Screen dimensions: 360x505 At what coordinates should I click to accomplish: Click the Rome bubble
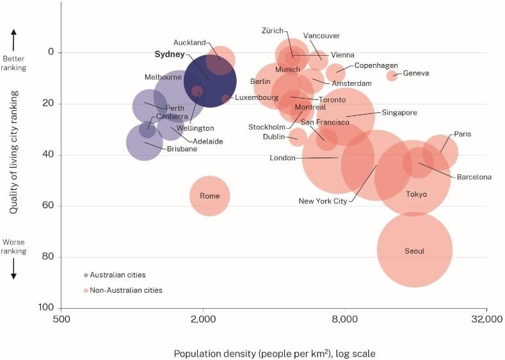point(209,196)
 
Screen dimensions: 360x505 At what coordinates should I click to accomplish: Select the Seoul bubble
point(415,250)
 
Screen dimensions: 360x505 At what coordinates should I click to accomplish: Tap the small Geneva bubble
point(392,76)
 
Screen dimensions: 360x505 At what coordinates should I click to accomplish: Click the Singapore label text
point(399,113)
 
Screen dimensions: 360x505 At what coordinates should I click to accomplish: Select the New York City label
point(323,201)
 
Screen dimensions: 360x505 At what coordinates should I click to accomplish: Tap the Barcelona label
point(474,177)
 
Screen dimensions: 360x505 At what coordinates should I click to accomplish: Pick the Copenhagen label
point(376,65)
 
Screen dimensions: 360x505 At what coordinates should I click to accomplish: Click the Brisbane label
point(182,149)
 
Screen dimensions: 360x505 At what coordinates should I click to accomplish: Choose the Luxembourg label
point(256,98)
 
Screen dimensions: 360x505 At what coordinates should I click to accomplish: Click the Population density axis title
point(275,353)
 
